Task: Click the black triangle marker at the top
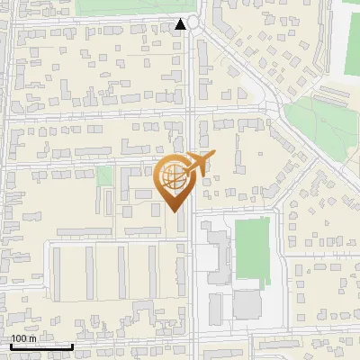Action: click(x=183, y=24)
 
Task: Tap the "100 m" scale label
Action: click(x=23, y=338)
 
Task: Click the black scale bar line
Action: click(x=41, y=346)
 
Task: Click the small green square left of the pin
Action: click(x=104, y=175)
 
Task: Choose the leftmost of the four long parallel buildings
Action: click(x=56, y=273)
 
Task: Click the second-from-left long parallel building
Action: click(x=90, y=273)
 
